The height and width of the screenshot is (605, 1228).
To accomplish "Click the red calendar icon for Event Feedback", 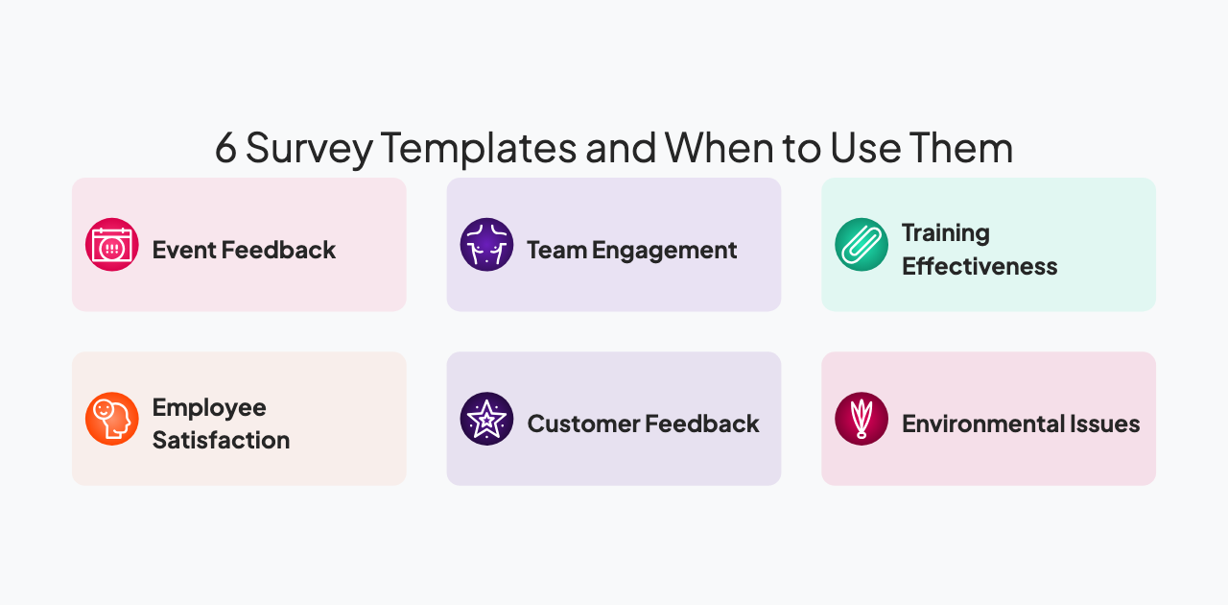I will pyautogui.click(x=112, y=245).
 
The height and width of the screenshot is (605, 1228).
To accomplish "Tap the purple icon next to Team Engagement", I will pyautogui.click(x=486, y=245).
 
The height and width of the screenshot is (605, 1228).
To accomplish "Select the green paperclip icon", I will pyautogui.click(x=862, y=245).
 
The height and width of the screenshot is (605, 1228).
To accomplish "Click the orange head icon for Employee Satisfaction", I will pyautogui.click(x=112, y=419).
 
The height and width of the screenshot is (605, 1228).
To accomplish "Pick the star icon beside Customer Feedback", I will pyautogui.click(x=486, y=419).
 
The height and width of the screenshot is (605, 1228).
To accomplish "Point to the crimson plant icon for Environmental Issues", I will pyautogui.click(x=862, y=419).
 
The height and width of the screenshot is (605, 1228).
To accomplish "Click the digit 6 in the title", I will pyautogui.click(x=225, y=149).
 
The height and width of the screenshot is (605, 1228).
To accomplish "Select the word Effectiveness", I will pyautogui.click(x=980, y=267).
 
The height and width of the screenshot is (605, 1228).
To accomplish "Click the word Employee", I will pyautogui.click(x=209, y=408).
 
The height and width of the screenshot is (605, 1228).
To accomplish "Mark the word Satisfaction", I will pyautogui.click(x=221, y=441).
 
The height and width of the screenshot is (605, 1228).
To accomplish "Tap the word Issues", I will pyautogui.click(x=1109, y=424).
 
